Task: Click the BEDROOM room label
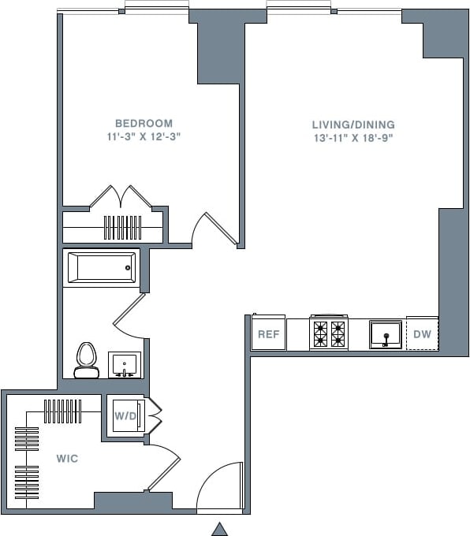[144, 124]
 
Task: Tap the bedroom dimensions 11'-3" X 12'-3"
[144, 137]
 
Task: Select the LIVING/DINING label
[352, 125]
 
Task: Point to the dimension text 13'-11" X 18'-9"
[352, 138]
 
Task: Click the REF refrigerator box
[269, 333]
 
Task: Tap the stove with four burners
[329, 333]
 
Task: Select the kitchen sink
[386, 333]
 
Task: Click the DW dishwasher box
[422, 333]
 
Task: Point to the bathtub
[102, 268]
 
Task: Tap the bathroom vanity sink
[124, 365]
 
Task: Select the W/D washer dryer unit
[125, 415]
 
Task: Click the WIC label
[67, 459]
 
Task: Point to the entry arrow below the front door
[220, 529]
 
